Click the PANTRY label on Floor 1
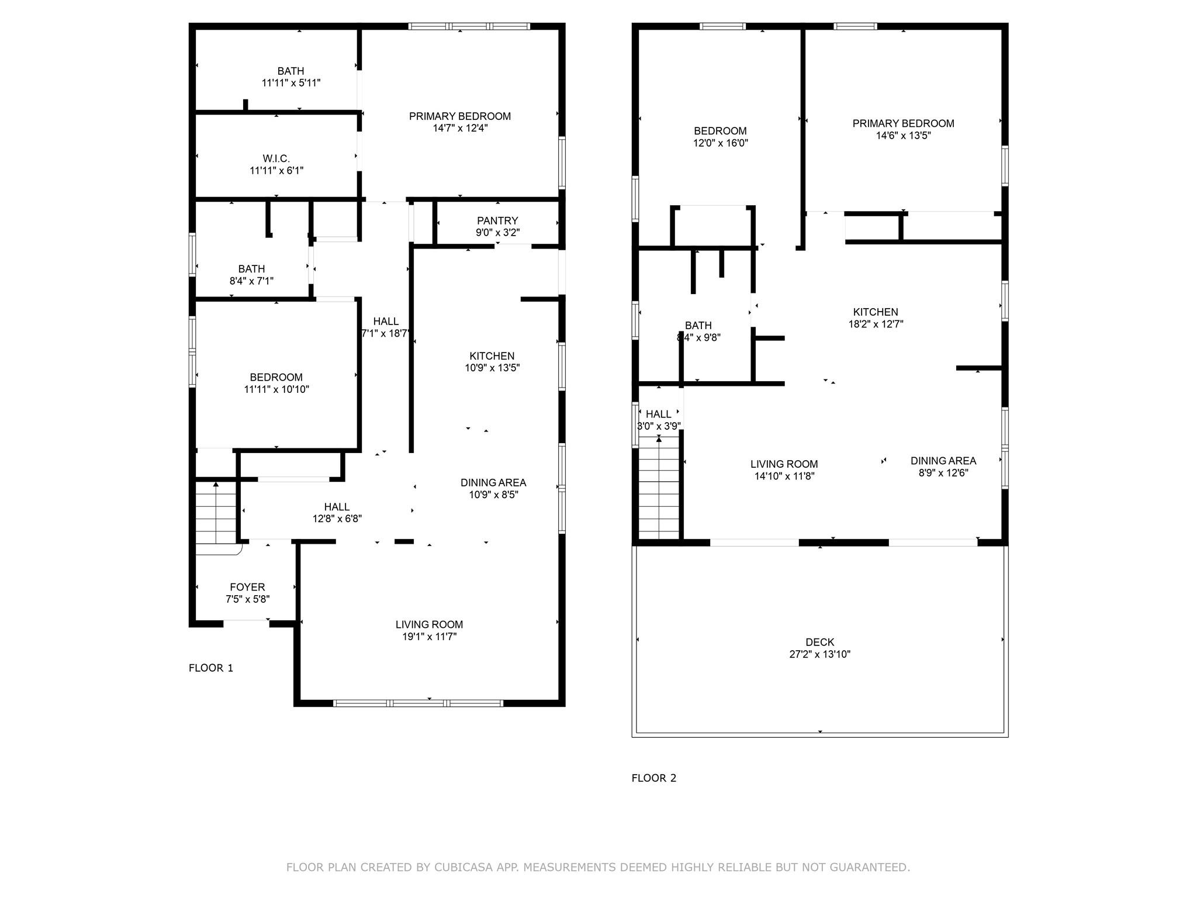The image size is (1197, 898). point(497,220)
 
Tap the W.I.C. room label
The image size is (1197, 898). point(276,158)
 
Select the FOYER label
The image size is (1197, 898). point(247,587)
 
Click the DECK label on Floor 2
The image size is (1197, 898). point(819,642)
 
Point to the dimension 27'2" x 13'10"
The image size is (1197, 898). point(819,654)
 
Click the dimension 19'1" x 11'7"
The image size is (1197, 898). point(429,637)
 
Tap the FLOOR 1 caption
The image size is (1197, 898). point(211,668)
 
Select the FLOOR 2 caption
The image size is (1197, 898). point(653,778)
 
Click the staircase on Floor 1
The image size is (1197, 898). point(216,513)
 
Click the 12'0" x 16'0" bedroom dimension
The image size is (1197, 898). point(720,143)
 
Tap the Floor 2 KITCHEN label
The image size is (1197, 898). point(875,312)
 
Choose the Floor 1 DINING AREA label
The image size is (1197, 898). point(493,482)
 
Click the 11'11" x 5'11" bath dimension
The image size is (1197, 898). point(290,83)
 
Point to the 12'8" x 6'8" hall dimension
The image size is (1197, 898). point(337,519)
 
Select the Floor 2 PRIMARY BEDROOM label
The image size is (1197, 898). point(903,123)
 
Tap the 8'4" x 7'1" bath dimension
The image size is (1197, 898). point(251,281)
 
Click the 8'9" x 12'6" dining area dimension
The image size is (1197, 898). point(943,472)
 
